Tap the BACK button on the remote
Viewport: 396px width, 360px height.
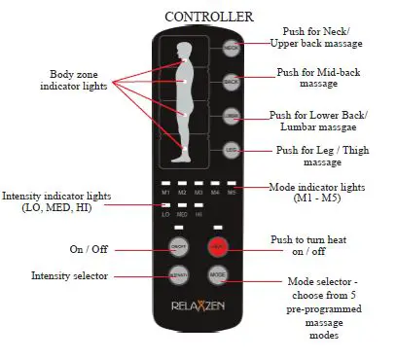click(231, 81)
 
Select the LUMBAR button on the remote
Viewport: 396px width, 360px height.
click(231, 116)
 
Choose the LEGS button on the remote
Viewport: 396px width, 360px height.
click(231, 150)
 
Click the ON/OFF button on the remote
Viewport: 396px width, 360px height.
click(178, 246)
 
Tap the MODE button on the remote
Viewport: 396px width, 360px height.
click(218, 275)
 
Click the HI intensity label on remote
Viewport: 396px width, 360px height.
click(198, 214)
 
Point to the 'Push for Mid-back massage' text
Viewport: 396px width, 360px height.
click(316, 78)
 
